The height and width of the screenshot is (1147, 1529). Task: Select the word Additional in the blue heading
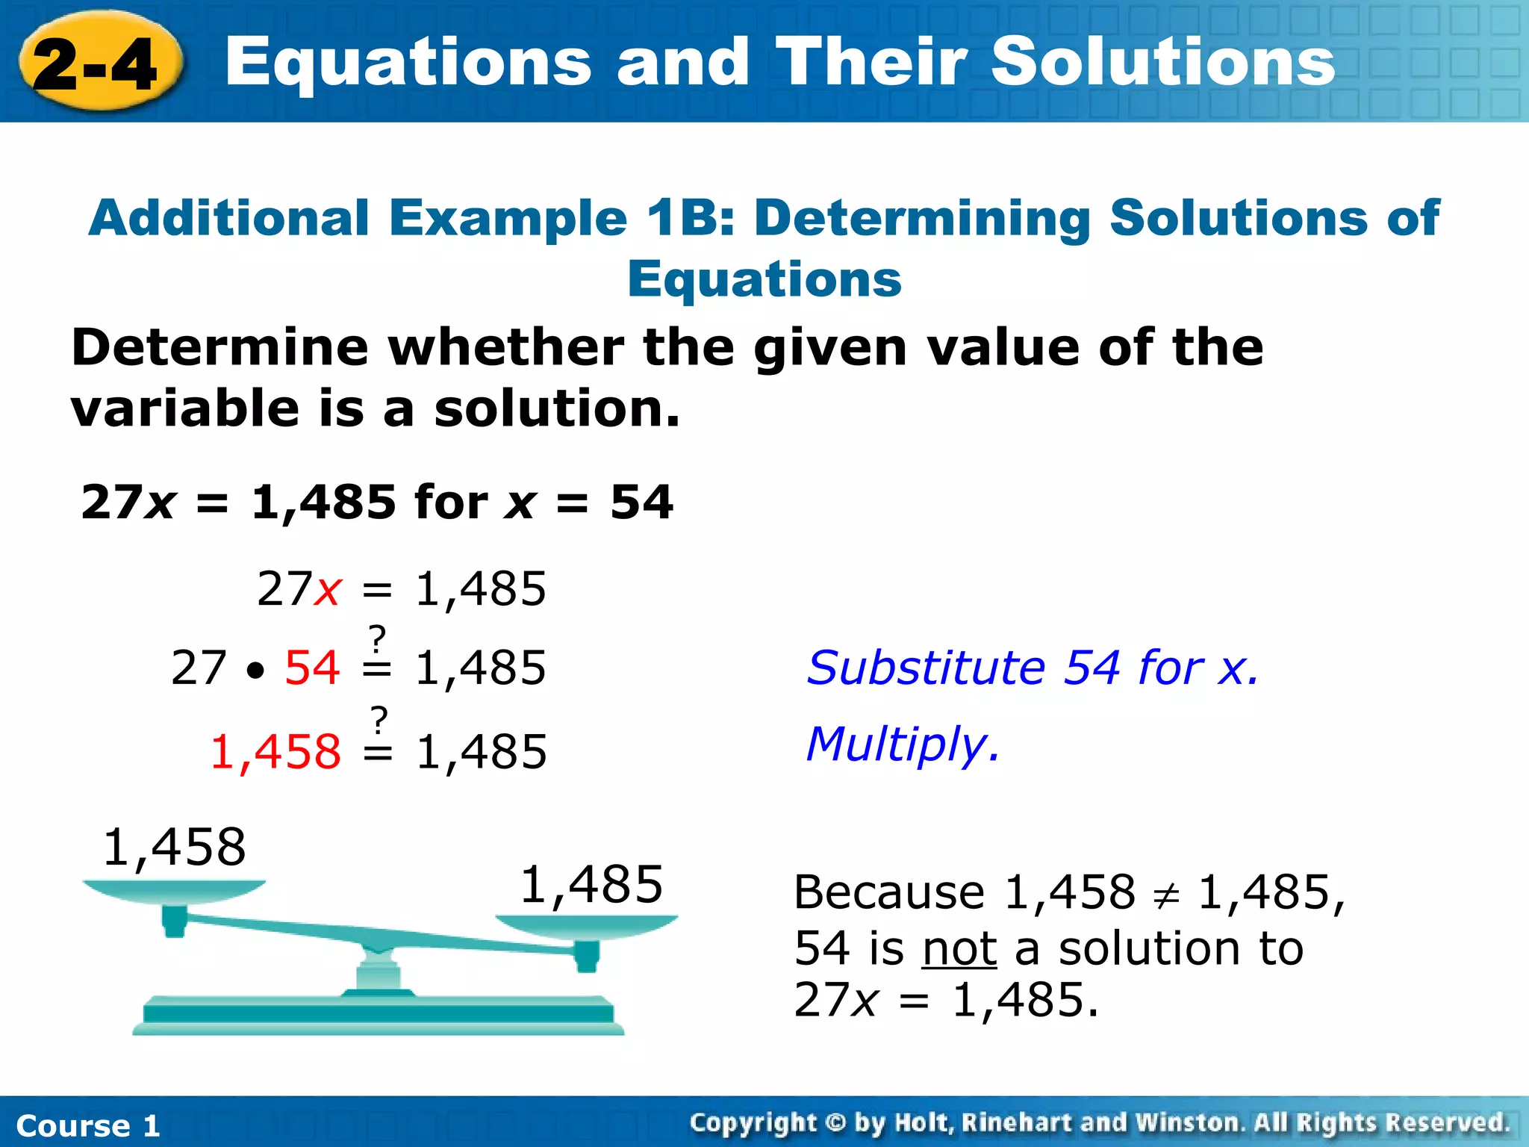tap(228, 218)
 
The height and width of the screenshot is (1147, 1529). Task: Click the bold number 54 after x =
tap(641, 502)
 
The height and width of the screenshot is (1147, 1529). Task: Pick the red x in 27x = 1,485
tap(328, 590)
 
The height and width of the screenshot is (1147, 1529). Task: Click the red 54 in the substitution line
tap(312, 667)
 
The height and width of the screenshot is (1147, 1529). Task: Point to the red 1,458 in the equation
tap(275, 751)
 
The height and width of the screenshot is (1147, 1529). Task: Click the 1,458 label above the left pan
tap(174, 848)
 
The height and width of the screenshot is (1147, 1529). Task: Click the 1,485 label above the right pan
tap(591, 884)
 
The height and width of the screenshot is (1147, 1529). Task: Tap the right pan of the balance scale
tap(587, 927)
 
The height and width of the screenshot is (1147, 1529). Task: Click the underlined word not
tap(959, 949)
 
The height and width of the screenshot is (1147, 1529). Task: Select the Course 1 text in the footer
tap(88, 1125)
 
